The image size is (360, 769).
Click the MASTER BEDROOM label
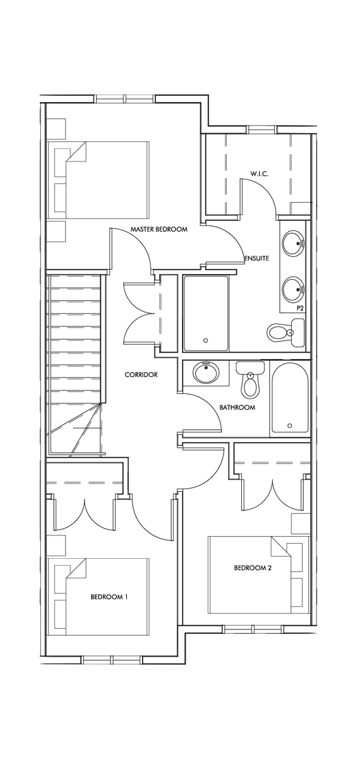tap(159, 230)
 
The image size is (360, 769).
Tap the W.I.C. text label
tap(259, 174)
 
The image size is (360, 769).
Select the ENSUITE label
tap(256, 258)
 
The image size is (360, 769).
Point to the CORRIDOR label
tap(141, 374)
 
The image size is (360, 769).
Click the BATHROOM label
tap(237, 408)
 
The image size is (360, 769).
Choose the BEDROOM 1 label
tap(109, 596)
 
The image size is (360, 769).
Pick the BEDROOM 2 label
tap(253, 568)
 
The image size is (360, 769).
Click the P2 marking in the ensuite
tap(301, 308)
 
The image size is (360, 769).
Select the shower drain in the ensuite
tap(206, 340)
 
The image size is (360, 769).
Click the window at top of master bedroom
tap(126, 98)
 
